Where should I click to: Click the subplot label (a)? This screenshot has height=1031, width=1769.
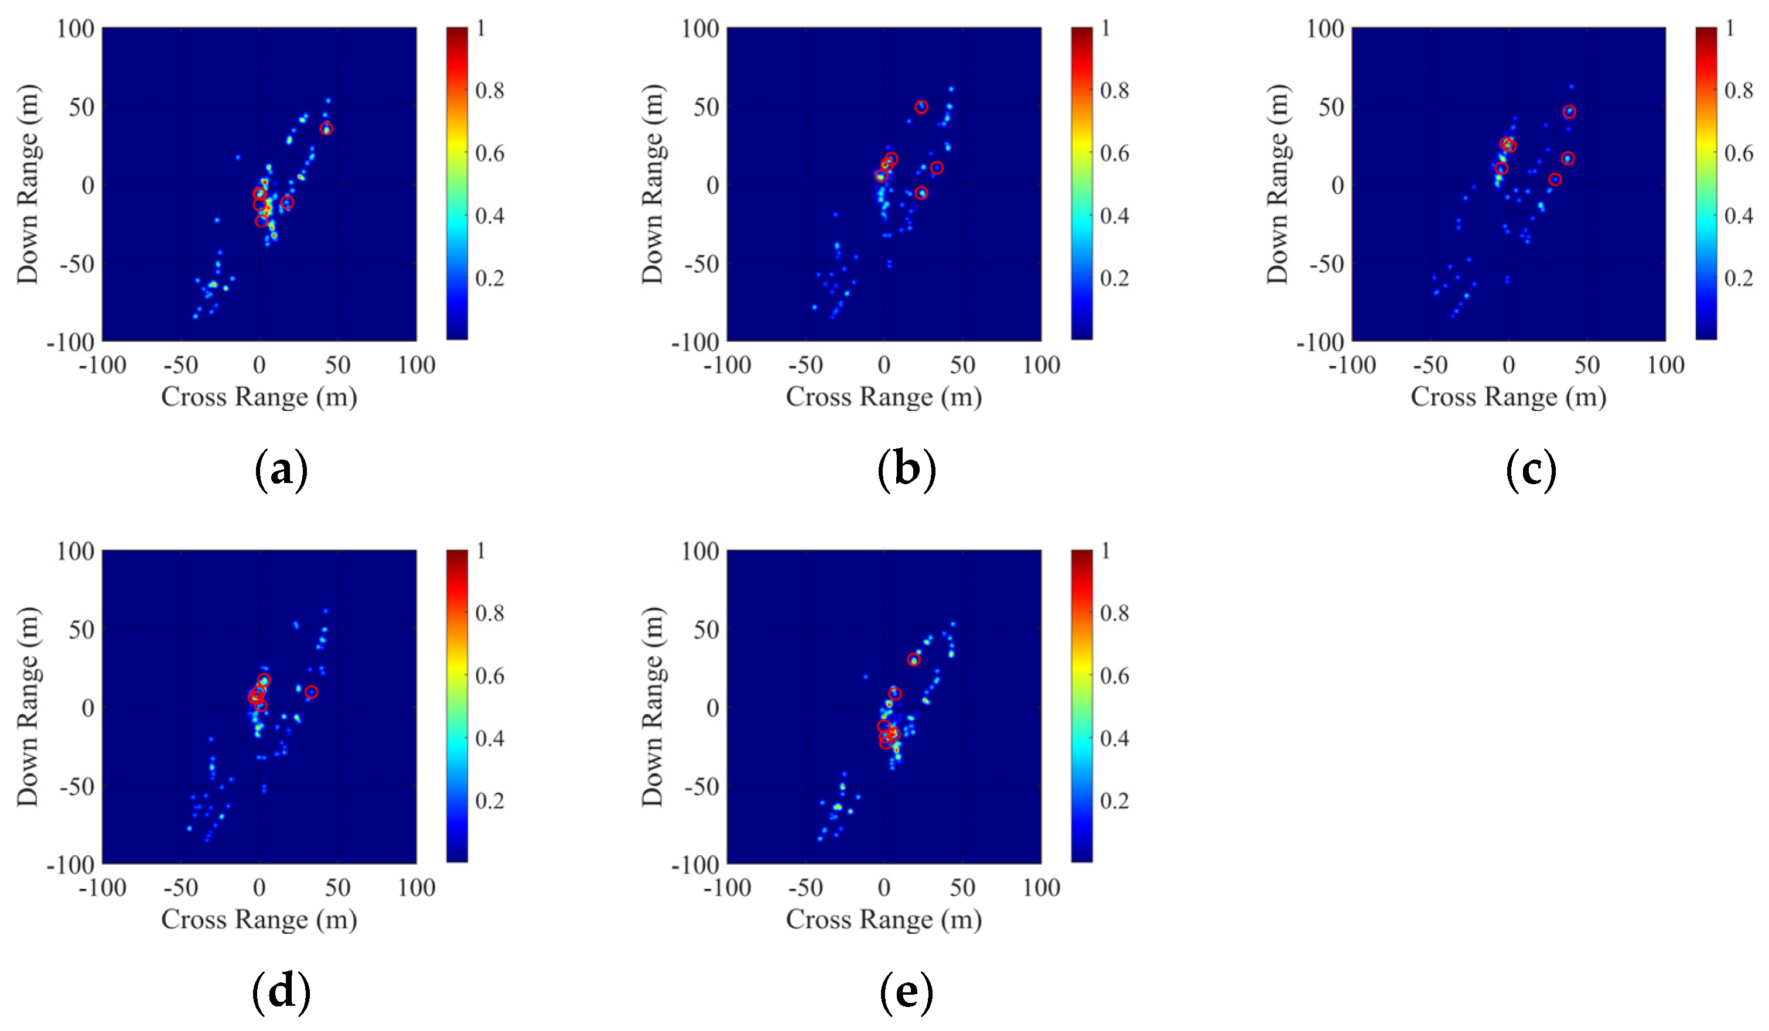281,470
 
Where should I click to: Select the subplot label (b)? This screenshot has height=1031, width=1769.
906,470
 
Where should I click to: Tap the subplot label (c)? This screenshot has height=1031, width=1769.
1531,470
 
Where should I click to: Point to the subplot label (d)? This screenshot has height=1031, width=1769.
281,992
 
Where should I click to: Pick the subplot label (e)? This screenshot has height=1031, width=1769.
906,992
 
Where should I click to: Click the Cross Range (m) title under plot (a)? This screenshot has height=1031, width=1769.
259,398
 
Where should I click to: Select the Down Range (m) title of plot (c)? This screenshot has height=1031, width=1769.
1278,184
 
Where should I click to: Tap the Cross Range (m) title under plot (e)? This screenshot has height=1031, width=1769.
883,919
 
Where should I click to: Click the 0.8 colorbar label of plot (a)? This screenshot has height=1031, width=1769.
489,91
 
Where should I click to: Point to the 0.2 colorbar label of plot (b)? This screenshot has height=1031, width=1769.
1114,279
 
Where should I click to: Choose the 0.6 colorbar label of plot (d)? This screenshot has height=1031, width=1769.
489,676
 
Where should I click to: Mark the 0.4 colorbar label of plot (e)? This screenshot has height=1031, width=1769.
1114,738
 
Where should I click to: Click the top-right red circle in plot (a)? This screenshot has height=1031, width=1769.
326,128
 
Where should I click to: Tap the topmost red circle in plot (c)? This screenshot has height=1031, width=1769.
1569,112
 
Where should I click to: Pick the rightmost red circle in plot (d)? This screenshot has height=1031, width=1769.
312,692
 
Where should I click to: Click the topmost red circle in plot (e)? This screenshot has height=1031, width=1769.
913,660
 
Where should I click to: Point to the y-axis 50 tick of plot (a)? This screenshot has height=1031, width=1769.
81,107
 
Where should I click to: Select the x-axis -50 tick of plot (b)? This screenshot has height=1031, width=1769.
805,365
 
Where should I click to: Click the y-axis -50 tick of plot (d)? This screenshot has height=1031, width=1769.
77,787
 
